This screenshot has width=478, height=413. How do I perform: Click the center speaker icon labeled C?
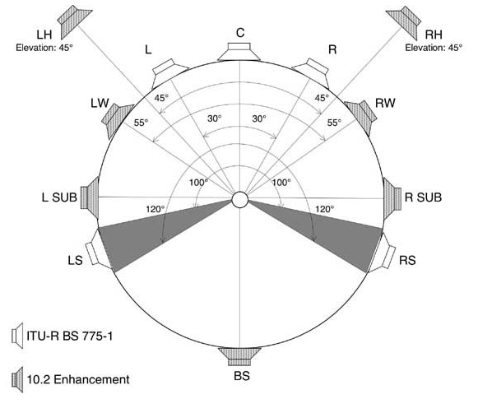point(239,52)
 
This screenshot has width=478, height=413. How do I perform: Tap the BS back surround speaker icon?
point(239,356)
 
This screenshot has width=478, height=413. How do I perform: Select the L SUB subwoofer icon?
point(90,197)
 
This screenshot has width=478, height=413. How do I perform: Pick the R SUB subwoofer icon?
point(392,198)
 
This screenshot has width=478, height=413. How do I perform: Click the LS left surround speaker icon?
point(100,251)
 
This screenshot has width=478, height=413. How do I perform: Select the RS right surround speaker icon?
point(381,251)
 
